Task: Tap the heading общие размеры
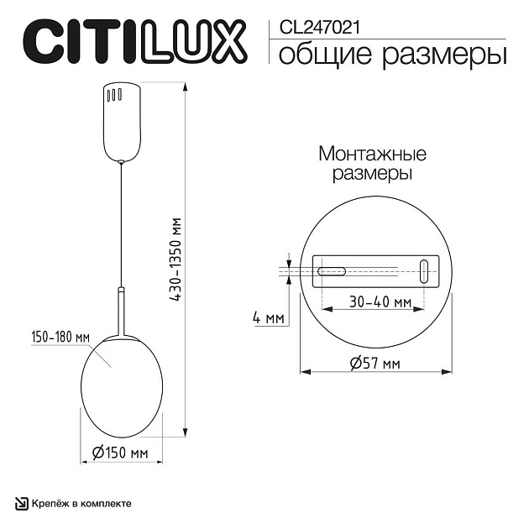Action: (x=391, y=55)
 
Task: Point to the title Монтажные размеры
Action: (x=372, y=165)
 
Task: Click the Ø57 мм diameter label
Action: (x=374, y=363)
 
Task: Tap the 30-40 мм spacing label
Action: (x=380, y=301)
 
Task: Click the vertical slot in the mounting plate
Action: (x=424, y=270)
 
